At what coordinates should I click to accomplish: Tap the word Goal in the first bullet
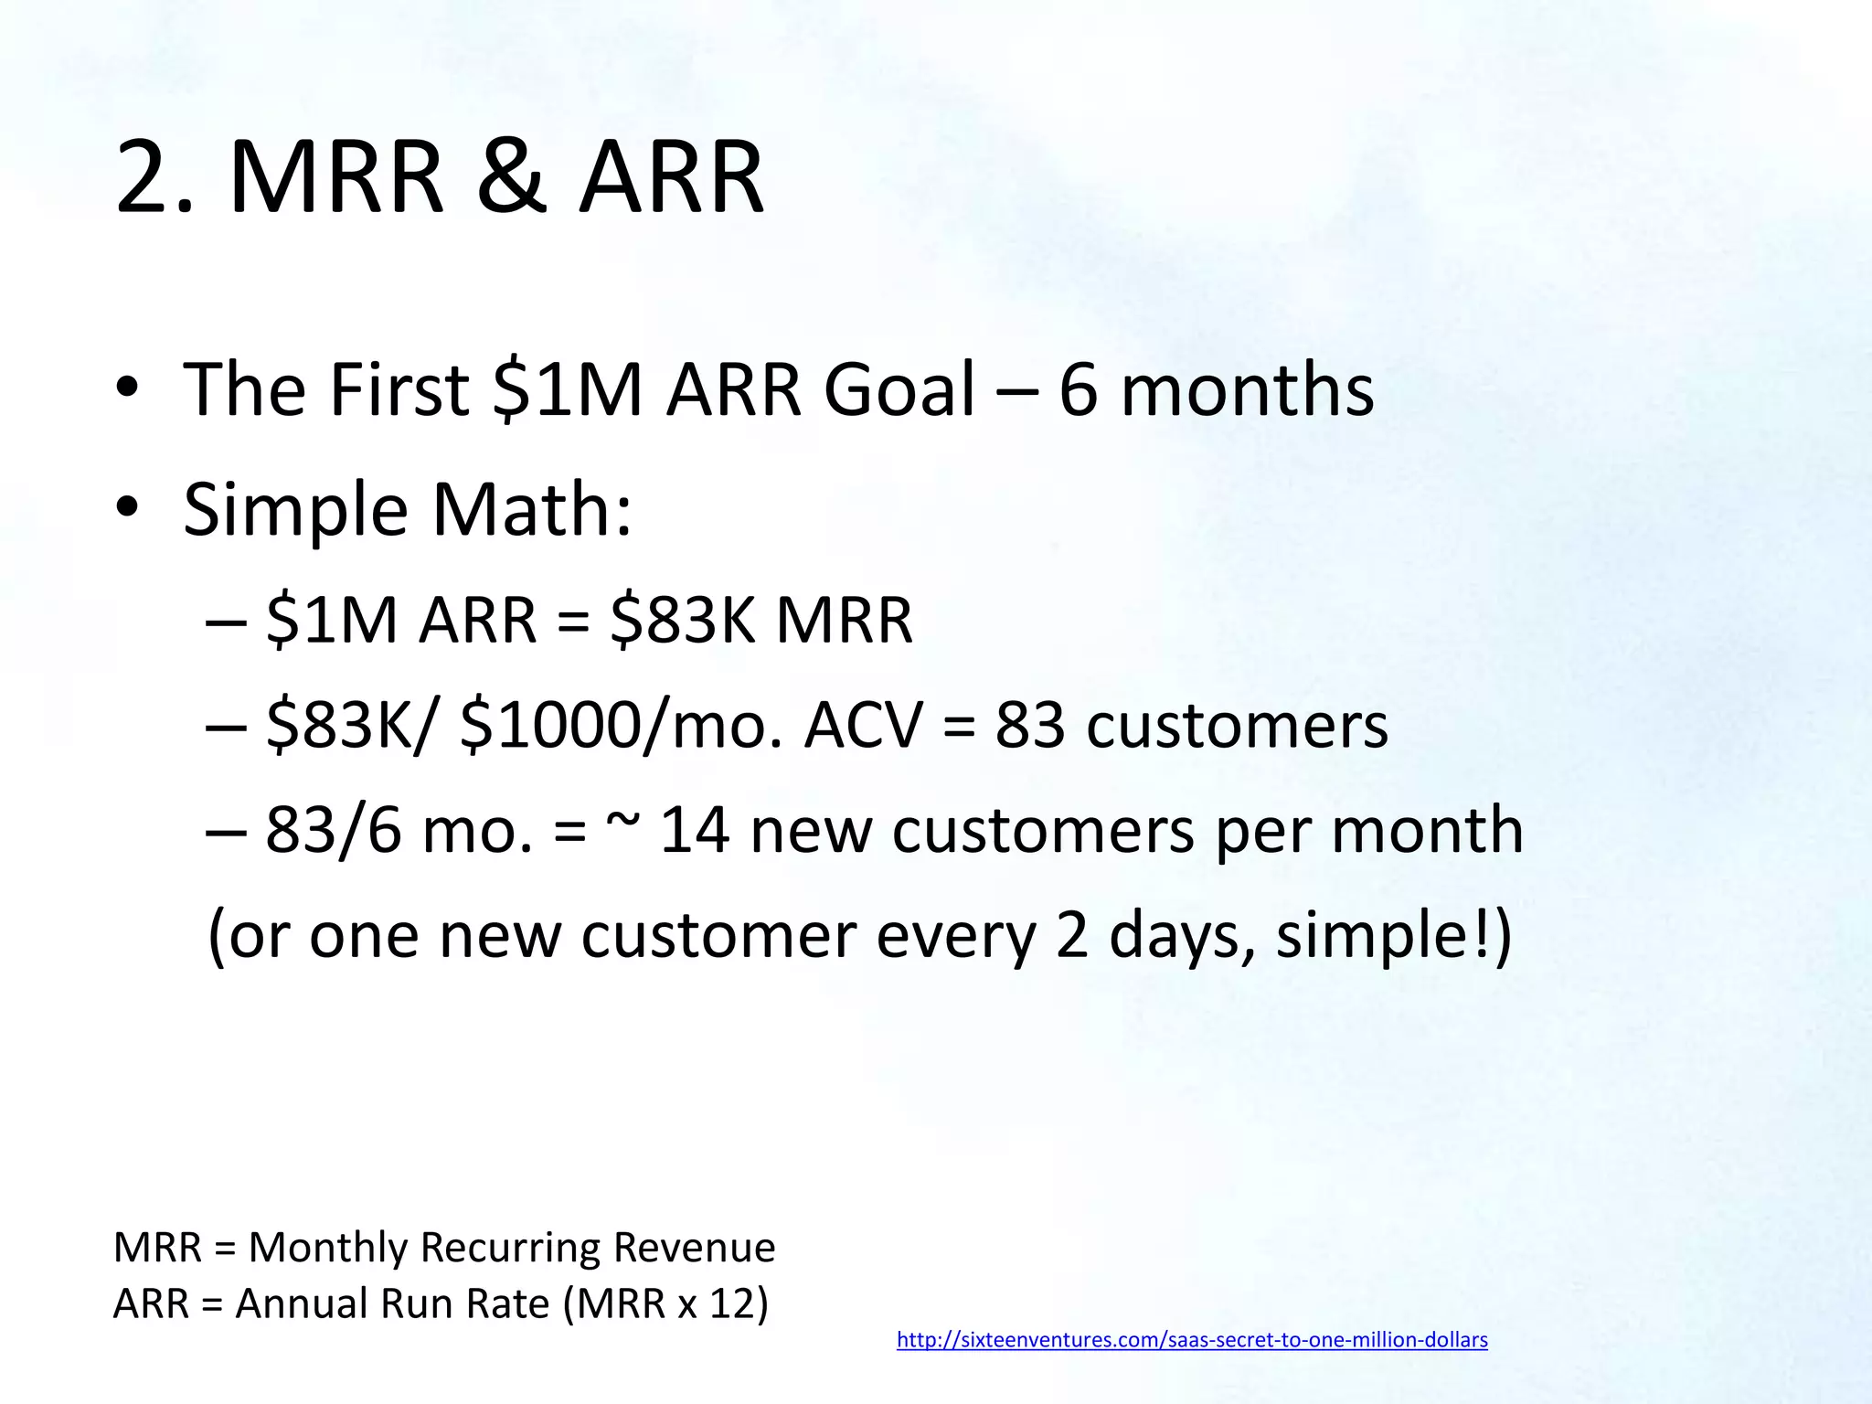pyautogui.click(x=899, y=389)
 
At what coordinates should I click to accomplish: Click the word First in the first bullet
pyautogui.click(x=399, y=389)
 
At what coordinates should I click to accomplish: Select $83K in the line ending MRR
pyautogui.click(x=682, y=621)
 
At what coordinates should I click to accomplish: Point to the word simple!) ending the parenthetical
pyautogui.click(x=1394, y=936)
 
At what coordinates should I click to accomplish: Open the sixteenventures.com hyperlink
pyautogui.click(x=1192, y=1340)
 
